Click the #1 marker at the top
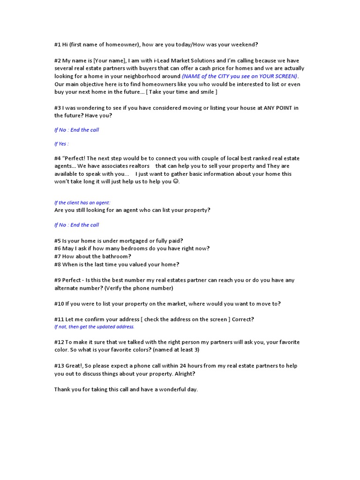58,45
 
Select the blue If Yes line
61,144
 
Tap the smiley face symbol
176,181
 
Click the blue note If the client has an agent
82,203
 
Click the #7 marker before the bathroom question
58,256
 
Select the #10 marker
59,304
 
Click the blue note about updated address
94,327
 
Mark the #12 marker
59,342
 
